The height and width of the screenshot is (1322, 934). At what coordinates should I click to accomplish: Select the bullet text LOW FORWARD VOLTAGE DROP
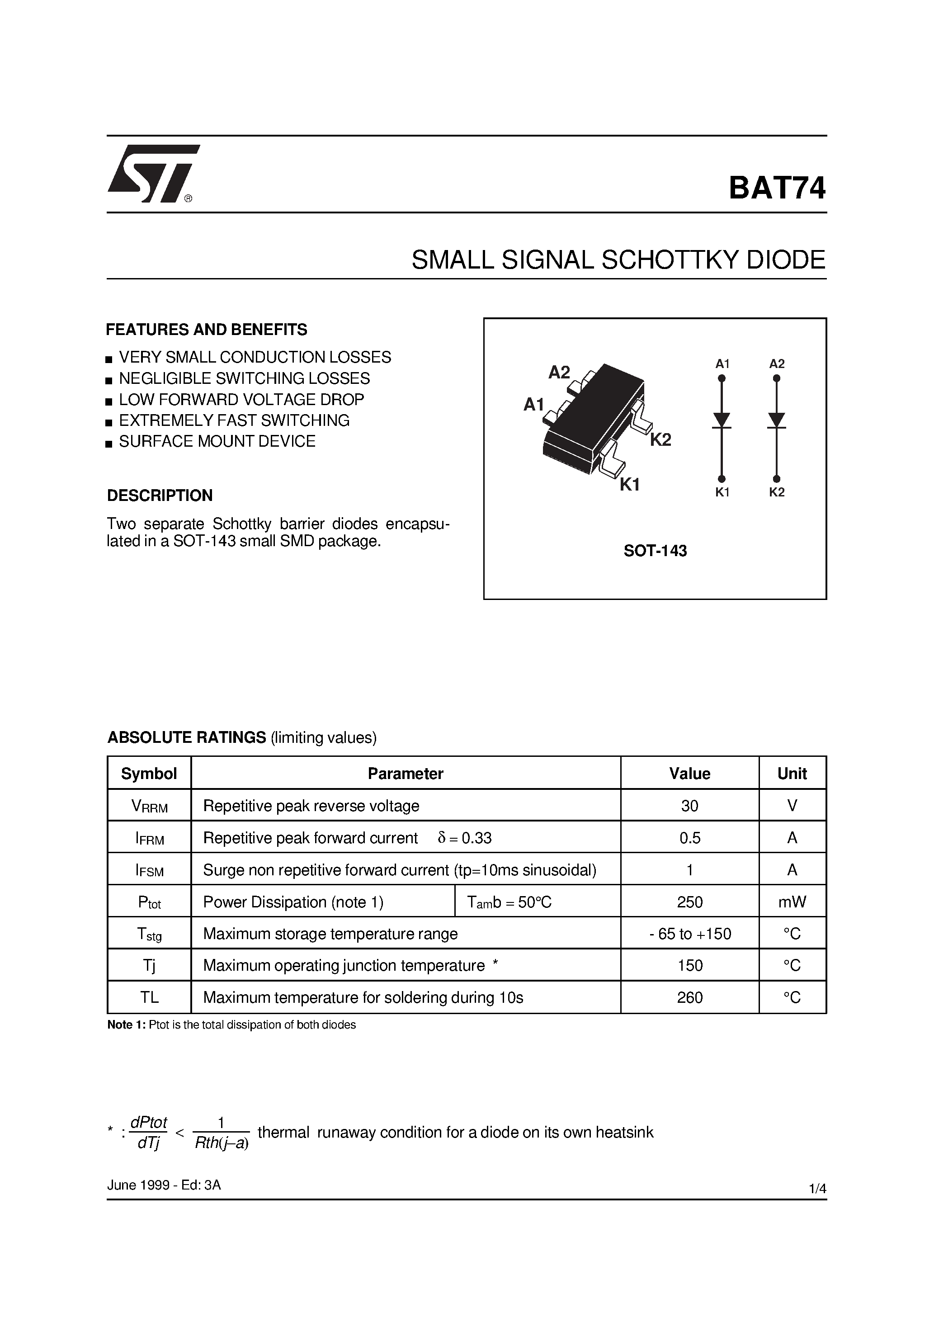(241, 400)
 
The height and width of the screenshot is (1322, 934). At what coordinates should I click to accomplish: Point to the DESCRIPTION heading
(160, 495)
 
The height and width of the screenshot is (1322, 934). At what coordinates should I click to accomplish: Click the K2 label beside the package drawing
(660, 440)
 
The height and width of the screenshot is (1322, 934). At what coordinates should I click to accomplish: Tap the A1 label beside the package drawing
(533, 406)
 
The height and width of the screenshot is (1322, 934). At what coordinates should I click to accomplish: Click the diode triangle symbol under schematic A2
(776, 420)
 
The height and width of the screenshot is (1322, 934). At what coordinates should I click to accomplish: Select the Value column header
(689, 773)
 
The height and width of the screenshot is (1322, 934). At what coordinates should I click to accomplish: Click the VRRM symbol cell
(149, 806)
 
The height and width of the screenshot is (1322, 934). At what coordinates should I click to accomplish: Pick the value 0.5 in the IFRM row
(689, 838)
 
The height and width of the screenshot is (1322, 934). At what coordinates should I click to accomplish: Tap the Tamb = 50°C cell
(509, 902)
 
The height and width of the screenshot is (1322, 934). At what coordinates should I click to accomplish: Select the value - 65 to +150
(689, 934)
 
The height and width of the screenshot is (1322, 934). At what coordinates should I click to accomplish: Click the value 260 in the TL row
(689, 997)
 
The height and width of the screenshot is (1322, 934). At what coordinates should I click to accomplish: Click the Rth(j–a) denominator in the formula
(222, 1143)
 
